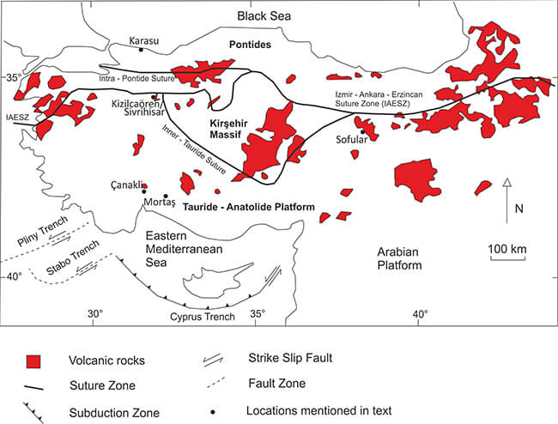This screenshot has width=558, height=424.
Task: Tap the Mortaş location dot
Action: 164,196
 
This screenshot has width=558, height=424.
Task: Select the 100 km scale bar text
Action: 507,249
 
